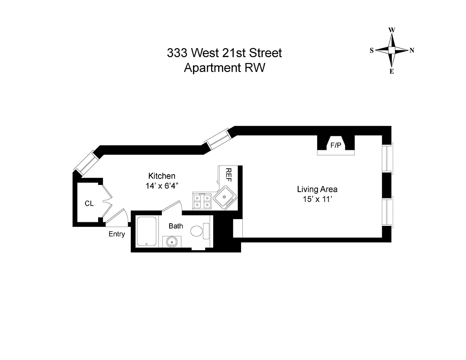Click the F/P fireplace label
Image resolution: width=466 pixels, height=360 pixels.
click(x=336, y=145)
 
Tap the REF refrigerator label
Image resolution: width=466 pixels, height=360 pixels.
click(x=229, y=174)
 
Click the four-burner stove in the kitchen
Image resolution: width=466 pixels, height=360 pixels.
click(x=202, y=200)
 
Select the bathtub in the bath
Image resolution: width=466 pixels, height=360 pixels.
click(x=146, y=231)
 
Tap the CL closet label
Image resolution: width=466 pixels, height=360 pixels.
click(x=89, y=203)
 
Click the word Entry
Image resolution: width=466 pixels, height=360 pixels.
click(x=116, y=234)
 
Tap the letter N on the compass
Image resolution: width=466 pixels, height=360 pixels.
click(x=412, y=50)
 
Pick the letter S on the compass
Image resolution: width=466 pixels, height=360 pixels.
click(x=372, y=50)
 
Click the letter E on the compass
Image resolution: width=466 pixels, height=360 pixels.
click(x=392, y=71)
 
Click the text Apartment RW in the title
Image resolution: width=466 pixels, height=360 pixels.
click(x=224, y=68)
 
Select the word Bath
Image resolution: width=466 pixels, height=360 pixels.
click(x=175, y=226)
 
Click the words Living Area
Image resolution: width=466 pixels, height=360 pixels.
click(x=317, y=189)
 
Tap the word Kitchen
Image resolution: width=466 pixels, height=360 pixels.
click(x=161, y=176)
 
